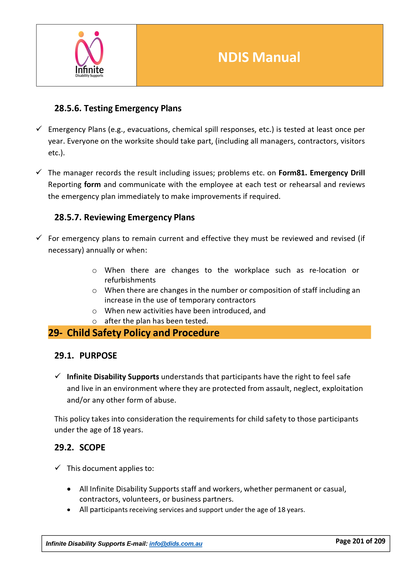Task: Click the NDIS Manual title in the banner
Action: pos(259,57)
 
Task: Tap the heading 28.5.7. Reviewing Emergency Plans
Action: pos(124,217)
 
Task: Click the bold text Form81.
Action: pos(293,173)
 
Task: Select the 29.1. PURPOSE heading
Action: pos(86,356)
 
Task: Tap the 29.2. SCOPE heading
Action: pos(80,447)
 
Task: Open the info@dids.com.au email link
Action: pos(176,544)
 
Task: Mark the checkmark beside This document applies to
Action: pos(58,468)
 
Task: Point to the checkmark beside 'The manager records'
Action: pos(39,172)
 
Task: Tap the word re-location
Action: pos(327,270)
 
